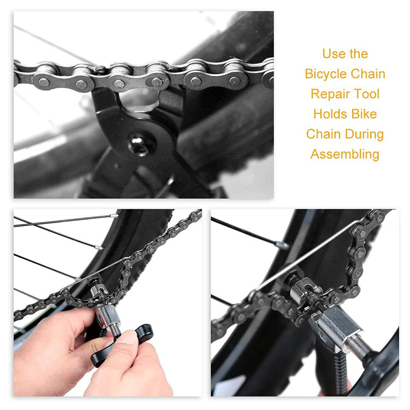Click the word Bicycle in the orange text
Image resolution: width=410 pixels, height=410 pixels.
pyautogui.click(x=327, y=74)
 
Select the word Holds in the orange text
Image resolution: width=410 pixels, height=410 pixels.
pyautogui.click(x=329, y=114)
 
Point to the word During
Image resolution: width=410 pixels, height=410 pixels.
pyautogui.click(x=364, y=134)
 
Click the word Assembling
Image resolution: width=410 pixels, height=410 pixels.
pyautogui.click(x=345, y=154)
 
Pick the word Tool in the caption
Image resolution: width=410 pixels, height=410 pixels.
pyautogui.click(x=365, y=94)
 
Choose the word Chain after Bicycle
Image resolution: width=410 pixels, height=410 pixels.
pyautogui.click(x=368, y=74)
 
